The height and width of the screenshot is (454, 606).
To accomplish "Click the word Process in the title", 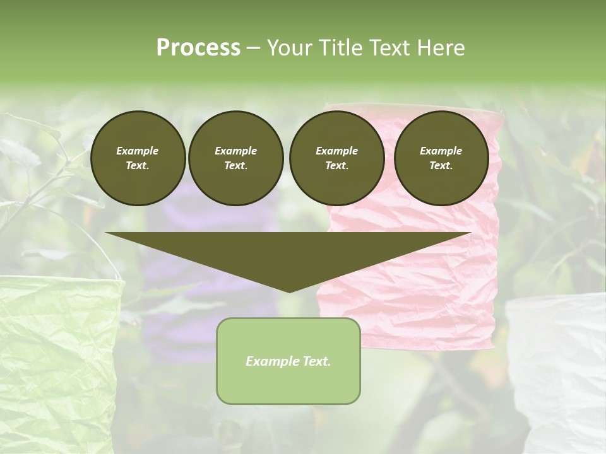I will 198,48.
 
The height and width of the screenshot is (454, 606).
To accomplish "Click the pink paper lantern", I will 410,277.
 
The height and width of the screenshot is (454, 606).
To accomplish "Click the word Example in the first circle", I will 138,151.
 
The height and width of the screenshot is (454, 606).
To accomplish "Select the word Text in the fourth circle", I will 441,165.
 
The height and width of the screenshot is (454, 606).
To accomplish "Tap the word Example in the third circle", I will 337,151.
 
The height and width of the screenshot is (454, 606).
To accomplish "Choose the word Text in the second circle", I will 235,165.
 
